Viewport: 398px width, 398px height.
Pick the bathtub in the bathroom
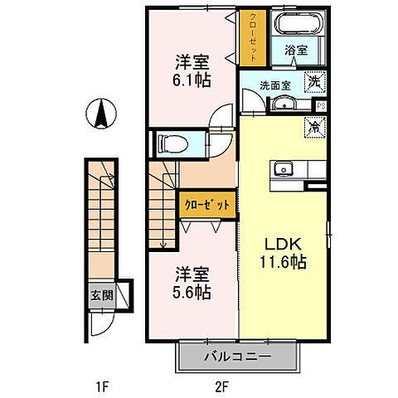(x=298, y=28)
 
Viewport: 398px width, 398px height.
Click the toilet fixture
(x=169, y=143)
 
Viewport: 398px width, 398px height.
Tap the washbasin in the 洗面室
(x=284, y=102)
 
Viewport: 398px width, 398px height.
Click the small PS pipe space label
(x=321, y=104)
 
